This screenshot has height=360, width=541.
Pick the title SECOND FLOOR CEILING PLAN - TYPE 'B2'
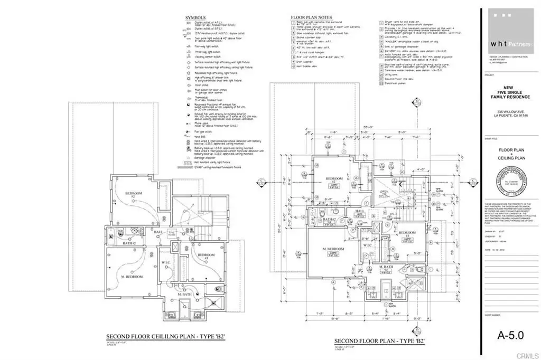166,336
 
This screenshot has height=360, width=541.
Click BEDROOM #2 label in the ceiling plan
134,195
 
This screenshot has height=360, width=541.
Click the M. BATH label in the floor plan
388,268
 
